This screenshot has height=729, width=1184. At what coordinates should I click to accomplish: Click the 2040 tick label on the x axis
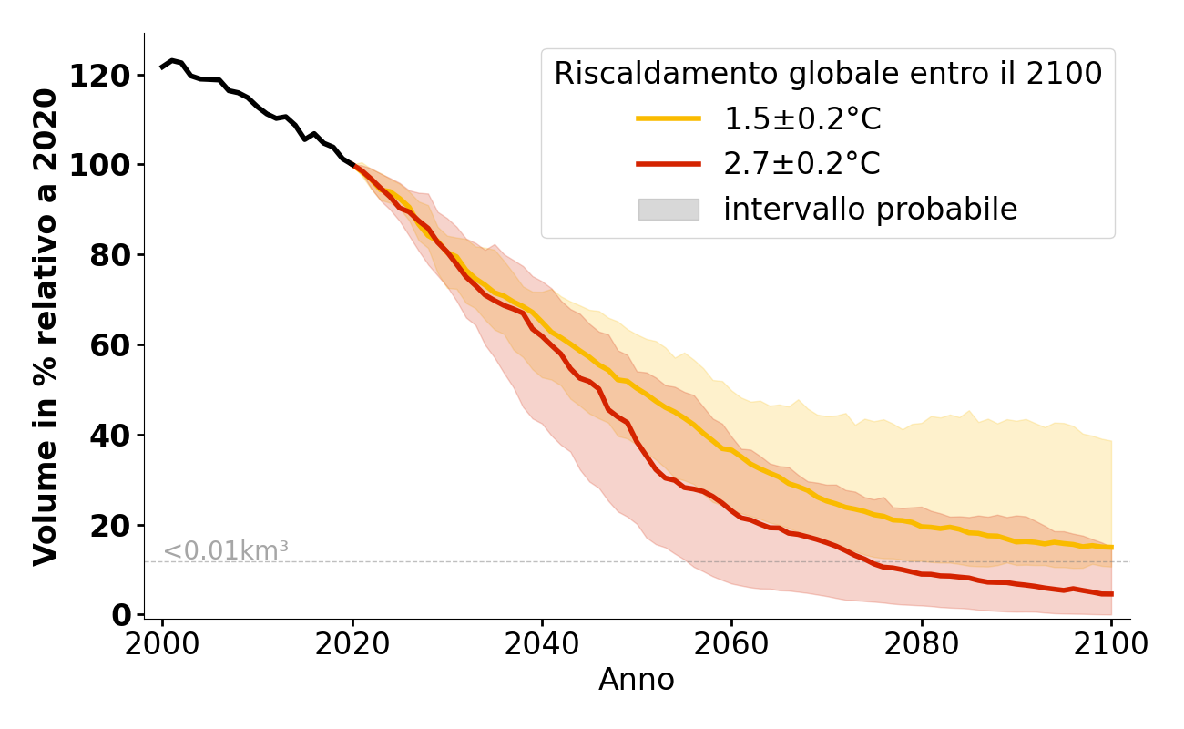(542, 644)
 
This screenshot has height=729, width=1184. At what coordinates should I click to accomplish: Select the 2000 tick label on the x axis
(162, 644)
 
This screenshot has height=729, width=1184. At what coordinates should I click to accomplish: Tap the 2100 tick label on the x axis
(1111, 644)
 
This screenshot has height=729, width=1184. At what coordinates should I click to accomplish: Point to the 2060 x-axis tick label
(731, 644)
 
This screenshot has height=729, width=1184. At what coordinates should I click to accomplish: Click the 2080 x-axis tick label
(922, 644)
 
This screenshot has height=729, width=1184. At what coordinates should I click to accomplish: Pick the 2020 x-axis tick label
(352, 644)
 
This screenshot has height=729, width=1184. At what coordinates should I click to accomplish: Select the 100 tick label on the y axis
(107, 165)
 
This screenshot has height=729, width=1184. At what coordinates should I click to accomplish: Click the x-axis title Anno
(637, 680)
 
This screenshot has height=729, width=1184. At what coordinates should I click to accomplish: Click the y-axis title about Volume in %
(46, 326)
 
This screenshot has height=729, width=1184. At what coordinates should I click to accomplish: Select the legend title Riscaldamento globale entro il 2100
(828, 74)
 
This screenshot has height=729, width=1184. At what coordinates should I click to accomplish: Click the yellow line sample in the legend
(668, 118)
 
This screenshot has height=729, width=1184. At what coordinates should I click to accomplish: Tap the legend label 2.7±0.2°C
(801, 164)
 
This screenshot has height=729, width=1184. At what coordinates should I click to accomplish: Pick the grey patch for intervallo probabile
(668, 210)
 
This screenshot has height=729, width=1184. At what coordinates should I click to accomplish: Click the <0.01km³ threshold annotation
(225, 550)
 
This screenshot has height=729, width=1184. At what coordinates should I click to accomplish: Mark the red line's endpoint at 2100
(1111, 594)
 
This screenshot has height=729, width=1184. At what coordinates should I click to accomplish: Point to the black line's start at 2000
(162, 67)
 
